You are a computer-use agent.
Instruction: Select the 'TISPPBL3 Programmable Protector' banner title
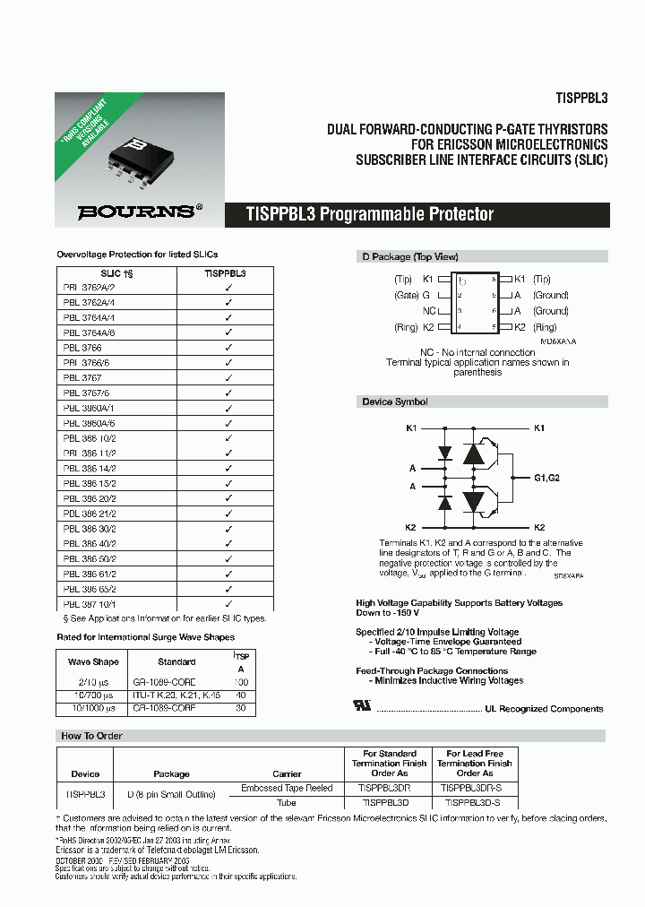[370, 215]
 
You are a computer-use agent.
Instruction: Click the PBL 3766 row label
[82, 347]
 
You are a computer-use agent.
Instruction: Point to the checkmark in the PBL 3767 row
[228, 378]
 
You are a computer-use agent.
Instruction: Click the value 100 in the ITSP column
[240, 682]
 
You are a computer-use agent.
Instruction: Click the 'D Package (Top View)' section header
[399, 256]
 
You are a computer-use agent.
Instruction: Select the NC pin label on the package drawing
[428, 311]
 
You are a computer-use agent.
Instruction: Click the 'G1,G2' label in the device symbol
[546, 479]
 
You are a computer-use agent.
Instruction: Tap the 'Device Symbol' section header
[395, 402]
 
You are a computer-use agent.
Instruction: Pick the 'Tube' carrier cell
[287, 802]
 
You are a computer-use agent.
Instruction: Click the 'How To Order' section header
[91, 736]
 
